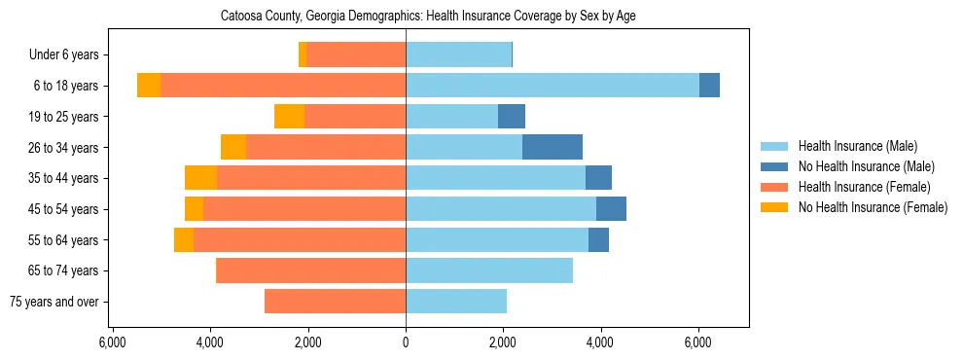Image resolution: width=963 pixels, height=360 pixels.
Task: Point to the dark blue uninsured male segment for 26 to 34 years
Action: tap(553, 147)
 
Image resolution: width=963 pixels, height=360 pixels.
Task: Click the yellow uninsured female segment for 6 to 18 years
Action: tap(149, 86)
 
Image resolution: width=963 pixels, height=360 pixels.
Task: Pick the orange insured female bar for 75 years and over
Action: tap(335, 302)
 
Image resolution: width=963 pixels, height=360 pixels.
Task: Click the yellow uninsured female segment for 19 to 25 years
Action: tap(289, 117)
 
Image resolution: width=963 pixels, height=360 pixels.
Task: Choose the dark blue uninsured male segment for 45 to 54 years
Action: tap(611, 209)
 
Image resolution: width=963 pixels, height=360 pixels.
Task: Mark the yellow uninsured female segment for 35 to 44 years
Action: tap(200, 178)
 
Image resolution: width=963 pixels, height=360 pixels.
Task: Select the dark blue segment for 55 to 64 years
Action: tap(598, 239)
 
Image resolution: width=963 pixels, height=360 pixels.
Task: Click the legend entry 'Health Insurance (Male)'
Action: tap(857, 146)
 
